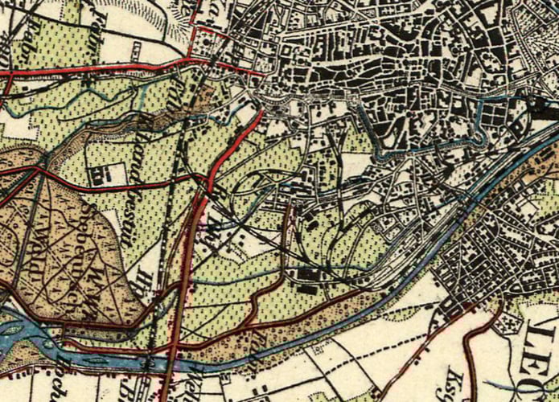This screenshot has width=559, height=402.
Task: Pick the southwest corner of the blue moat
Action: click(378, 149)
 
